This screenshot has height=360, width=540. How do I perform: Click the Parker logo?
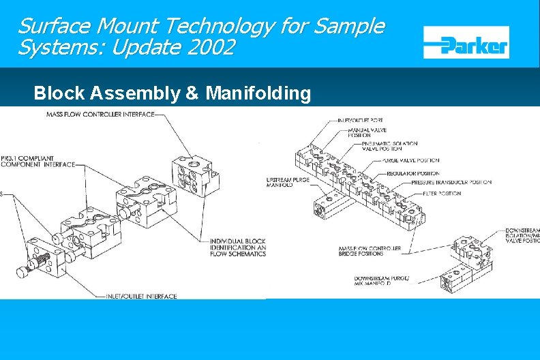tap(466, 42)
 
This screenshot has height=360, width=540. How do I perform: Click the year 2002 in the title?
tap(211, 48)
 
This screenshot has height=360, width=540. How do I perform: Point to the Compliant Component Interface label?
tap(37, 160)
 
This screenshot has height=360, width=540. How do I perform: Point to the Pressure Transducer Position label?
tap(434, 183)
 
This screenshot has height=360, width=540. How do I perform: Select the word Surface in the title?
tap(55, 27)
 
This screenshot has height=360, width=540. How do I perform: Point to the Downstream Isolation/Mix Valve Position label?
tap(522, 236)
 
